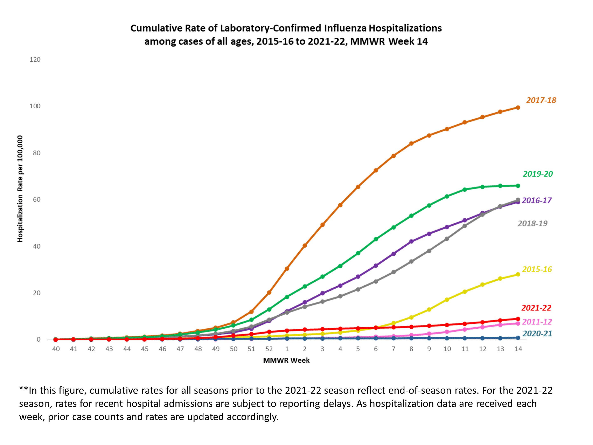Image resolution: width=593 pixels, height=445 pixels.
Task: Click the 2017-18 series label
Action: (541, 100)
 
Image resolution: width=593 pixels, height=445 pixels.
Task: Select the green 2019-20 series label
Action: (537, 174)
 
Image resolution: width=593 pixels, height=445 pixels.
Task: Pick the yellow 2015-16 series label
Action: (537, 269)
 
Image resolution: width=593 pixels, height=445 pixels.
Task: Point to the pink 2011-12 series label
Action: (537, 322)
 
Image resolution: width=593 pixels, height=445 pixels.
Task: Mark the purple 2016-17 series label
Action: (536, 200)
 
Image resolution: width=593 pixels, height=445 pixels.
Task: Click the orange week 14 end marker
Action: (518, 108)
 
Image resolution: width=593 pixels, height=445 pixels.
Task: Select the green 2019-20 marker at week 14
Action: (518, 186)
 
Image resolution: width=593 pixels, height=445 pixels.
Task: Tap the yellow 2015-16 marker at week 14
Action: (518, 274)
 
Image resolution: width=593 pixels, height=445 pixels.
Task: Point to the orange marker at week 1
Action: (287, 268)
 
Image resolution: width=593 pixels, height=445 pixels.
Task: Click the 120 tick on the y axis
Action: (35, 60)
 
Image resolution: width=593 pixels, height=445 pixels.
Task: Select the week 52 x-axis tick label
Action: (269, 349)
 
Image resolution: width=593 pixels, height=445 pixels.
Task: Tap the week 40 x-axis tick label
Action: (56, 349)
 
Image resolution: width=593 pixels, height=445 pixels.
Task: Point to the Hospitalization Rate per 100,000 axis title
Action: (20, 189)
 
